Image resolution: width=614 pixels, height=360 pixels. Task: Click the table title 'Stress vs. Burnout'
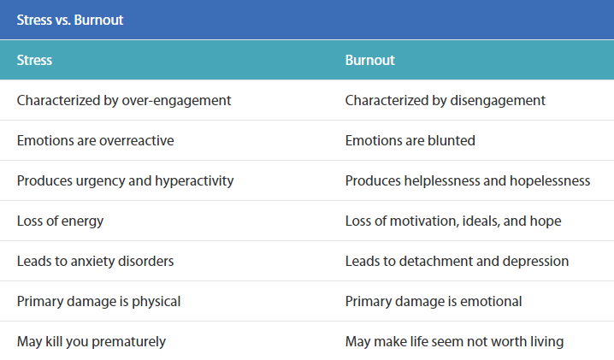[70, 19]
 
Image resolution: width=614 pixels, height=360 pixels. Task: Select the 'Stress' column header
[35, 61]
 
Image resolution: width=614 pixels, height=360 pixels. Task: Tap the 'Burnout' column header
[369, 61]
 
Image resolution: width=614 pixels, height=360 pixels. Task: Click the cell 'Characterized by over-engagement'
[124, 100]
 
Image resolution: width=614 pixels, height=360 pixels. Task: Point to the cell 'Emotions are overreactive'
[95, 140]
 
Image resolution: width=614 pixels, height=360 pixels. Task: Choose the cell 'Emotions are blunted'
[410, 140]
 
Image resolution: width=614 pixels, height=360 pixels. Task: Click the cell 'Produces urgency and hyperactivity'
[125, 180]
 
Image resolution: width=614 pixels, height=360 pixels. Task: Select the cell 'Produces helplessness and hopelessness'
[468, 180]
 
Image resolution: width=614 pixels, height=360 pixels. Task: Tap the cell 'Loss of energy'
[60, 221]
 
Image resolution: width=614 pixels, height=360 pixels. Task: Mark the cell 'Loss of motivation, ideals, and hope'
[453, 221]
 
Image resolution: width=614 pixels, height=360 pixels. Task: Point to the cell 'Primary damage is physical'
[98, 301]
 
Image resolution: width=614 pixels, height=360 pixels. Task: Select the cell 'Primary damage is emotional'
[434, 301]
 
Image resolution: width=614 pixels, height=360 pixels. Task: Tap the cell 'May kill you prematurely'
[92, 341]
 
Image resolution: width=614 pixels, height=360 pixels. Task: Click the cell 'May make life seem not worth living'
[454, 341]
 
